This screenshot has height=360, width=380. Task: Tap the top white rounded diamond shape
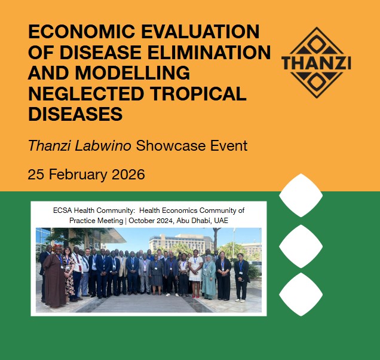click(x=301, y=195)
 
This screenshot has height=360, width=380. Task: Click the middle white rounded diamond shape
click(x=301, y=246)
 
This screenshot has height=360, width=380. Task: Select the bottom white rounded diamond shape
click(x=301, y=294)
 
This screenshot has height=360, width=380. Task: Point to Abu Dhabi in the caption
click(x=204, y=221)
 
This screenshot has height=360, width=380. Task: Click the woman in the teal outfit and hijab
click(x=209, y=278)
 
